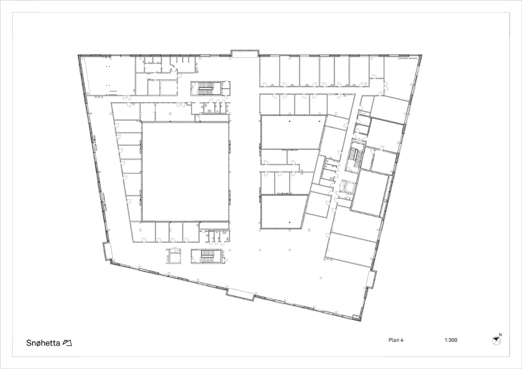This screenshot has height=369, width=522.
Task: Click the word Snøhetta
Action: [x=43, y=343]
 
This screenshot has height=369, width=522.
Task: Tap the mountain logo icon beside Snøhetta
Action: [x=67, y=343]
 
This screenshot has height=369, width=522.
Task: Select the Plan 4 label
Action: [x=396, y=340]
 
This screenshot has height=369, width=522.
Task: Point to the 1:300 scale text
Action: [x=451, y=340]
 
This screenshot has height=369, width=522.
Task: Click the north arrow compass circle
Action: [x=496, y=340]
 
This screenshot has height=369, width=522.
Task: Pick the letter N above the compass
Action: [x=500, y=335]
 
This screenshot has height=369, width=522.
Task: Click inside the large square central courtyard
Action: [x=185, y=171]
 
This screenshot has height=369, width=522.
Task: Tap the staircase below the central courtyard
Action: [x=207, y=257]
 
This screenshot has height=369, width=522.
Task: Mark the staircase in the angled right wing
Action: [x=355, y=156]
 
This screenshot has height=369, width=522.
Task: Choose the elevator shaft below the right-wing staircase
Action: [x=348, y=187]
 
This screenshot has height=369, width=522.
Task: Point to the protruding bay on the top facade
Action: [x=245, y=54]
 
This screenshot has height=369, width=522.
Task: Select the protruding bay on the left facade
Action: [x=108, y=251]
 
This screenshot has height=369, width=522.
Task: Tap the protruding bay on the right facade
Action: [x=371, y=279]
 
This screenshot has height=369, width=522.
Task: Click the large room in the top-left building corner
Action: [x=108, y=76]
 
